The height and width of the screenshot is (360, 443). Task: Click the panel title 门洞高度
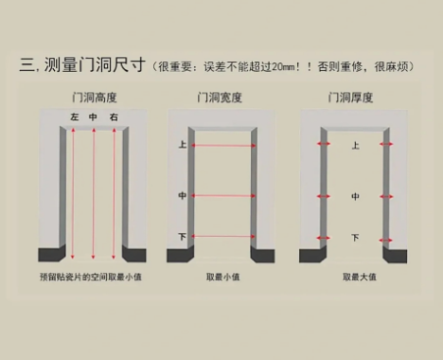[92, 98]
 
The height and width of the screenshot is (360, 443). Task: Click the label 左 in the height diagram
[73, 117]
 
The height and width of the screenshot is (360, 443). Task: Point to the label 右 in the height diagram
[114, 117]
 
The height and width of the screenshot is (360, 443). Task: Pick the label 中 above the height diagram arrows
[93, 117]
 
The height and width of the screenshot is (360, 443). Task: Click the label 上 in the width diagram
[183, 145]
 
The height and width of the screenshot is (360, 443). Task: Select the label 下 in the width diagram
[183, 235]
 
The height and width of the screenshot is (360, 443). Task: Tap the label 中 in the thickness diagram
[355, 196]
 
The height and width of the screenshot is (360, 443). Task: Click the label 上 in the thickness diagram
[355, 146]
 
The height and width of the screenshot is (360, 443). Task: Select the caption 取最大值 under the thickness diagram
[359, 277]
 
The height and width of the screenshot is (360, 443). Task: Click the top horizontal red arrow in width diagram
[223, 146]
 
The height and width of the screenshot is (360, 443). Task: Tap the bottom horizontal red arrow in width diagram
[223, 235]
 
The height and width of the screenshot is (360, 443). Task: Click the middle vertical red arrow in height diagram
[93, 189]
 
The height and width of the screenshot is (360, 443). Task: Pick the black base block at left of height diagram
[50, 254]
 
